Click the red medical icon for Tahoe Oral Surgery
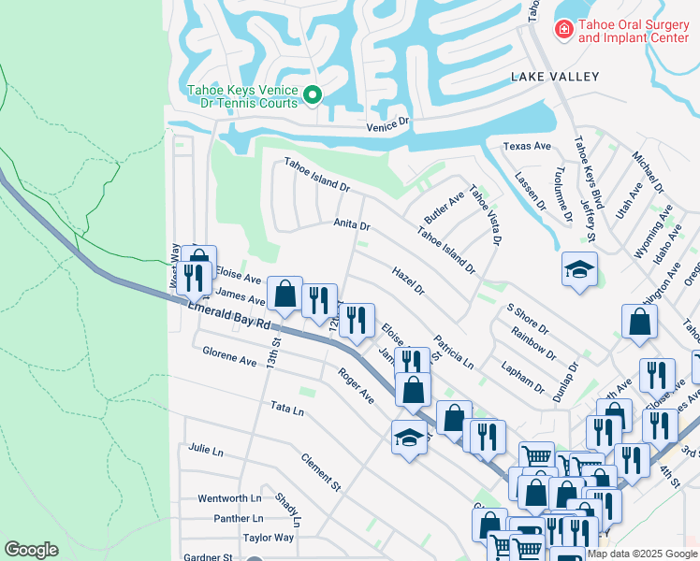pos(563,31)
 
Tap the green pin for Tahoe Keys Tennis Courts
pos(314,93)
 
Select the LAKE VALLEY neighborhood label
pos(554,77)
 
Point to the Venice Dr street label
pos(387,122)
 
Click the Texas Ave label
pos(527,147)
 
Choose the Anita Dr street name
pos(352,225)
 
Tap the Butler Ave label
pos(444,201)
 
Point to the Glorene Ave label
pos(229,361)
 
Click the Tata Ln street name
pos(287,410)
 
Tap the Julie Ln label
pos(205,451)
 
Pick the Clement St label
pos(321,473)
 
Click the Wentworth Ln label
pos(229,498)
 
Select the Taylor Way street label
pos(269,538)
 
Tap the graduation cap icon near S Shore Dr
pos(579,268)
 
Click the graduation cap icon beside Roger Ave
pos(409,437)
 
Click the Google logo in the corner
pos(31,550)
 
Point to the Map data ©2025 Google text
pos(641,554)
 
